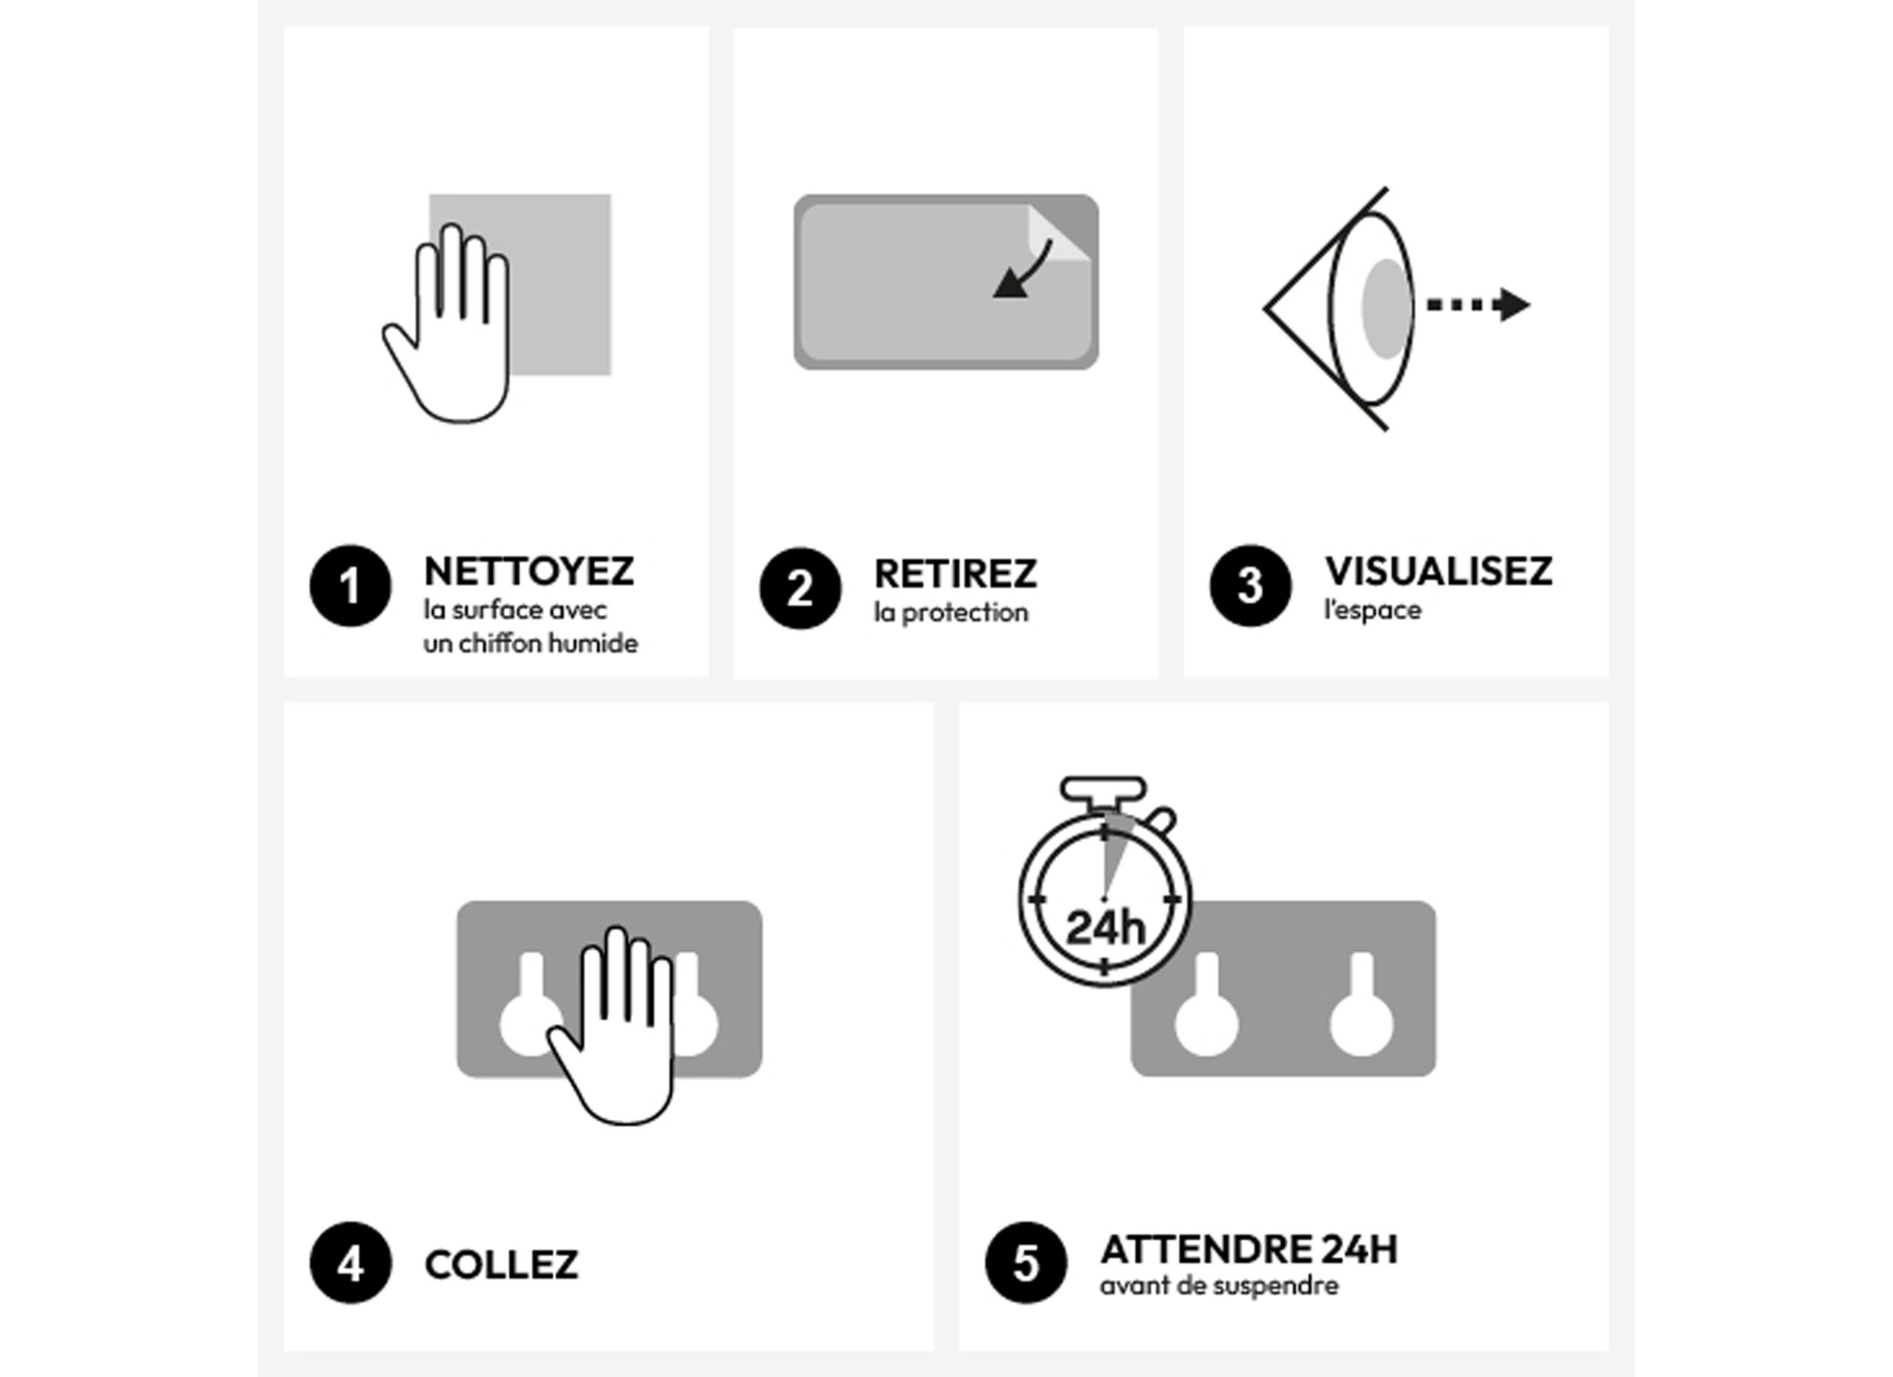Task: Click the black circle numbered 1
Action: [x=350, y=585]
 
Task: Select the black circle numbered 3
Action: [x=1251, y=585]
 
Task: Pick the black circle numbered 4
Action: [x=350, y=1262]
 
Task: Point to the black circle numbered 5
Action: [x=1026, y=1262]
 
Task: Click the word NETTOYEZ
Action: [x=529, y=572]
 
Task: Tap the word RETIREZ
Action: [x=956, y=575]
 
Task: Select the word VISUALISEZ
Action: [x=1439, y=572]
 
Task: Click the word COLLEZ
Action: [x=502, y=1265]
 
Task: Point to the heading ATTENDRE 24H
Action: [x=1249, y=1250]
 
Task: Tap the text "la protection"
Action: [x=951, y=613]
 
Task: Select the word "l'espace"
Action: [x=1373, y=610]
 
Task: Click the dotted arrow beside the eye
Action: [x=1478, y=304]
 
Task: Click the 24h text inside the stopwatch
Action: [x=1106, y=928]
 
